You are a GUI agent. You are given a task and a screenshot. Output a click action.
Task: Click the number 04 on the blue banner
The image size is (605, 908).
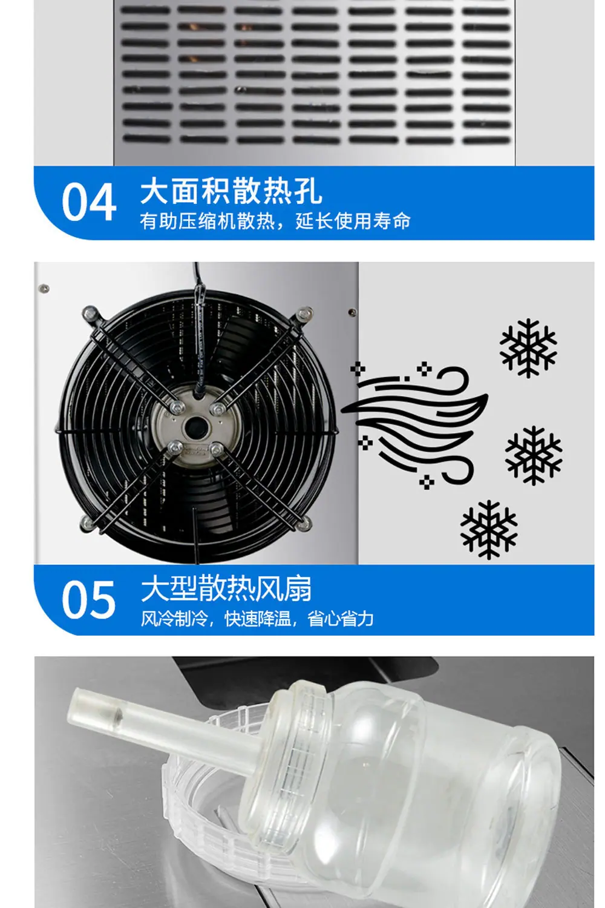coord(89,202)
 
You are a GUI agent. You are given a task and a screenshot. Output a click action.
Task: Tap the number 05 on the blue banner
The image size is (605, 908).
coord(89,599)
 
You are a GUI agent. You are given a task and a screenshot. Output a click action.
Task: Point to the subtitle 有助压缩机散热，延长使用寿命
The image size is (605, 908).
coord(275,222)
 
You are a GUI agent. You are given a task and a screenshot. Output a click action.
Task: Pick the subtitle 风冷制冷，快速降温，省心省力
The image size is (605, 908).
coord(257,619)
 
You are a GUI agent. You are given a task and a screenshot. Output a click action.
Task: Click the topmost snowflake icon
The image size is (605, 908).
coord(528,348)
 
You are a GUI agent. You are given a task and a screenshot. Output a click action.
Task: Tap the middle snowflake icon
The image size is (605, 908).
coord(533,455)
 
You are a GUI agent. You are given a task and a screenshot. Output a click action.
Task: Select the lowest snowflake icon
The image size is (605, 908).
coord(489,530)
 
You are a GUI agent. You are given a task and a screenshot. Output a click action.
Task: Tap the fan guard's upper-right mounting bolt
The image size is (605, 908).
coord(304,314)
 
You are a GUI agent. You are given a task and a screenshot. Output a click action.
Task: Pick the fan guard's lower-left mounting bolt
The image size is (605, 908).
coord(88,522)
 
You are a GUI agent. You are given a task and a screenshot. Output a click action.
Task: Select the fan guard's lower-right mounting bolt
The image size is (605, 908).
coord(304,524)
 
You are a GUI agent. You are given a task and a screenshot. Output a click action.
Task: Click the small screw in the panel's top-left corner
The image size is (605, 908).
coord(44,289)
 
